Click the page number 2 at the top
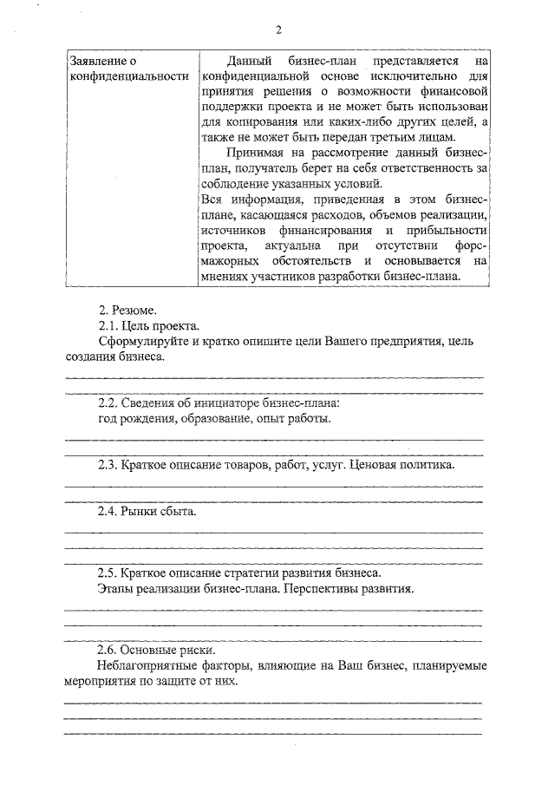point(279,30)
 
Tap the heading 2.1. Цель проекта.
point(149,325)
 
